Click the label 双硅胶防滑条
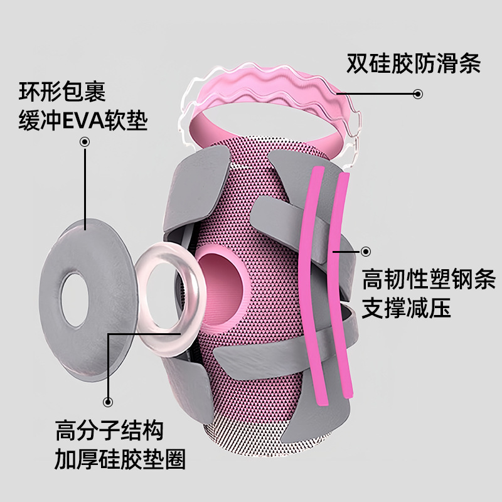tap(413, 64)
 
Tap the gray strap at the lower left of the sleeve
tap(182, 376)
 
